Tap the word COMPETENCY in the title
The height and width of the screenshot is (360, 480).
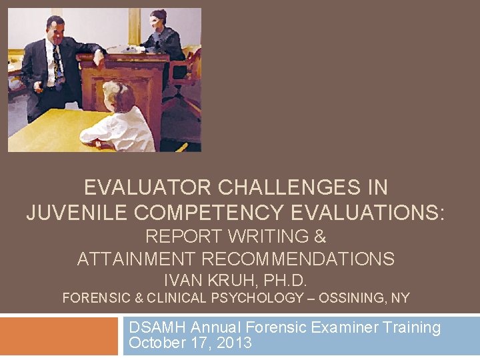[200, 213]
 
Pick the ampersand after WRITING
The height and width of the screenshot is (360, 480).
[320, 237]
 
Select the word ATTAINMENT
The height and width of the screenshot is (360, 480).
[133, 259]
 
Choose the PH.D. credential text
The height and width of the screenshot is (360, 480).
[287, 280]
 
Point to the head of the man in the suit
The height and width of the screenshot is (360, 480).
[55, 28]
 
